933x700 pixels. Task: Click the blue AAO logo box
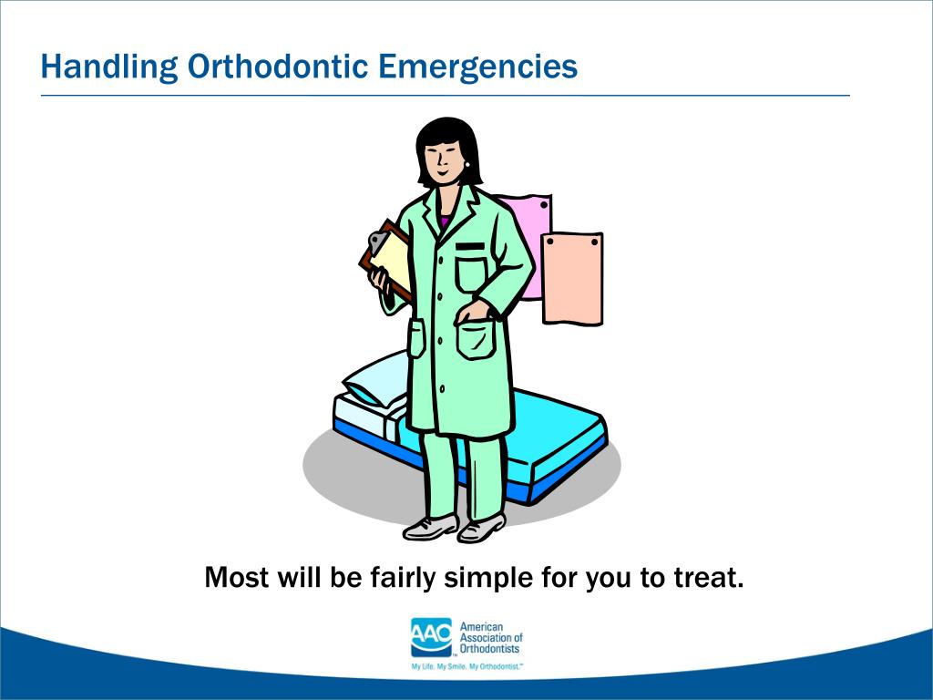click(431, 636)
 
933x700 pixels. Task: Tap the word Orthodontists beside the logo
click(489, 649)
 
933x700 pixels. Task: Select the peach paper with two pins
click(572, 278)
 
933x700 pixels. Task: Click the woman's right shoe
click(429, 526)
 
